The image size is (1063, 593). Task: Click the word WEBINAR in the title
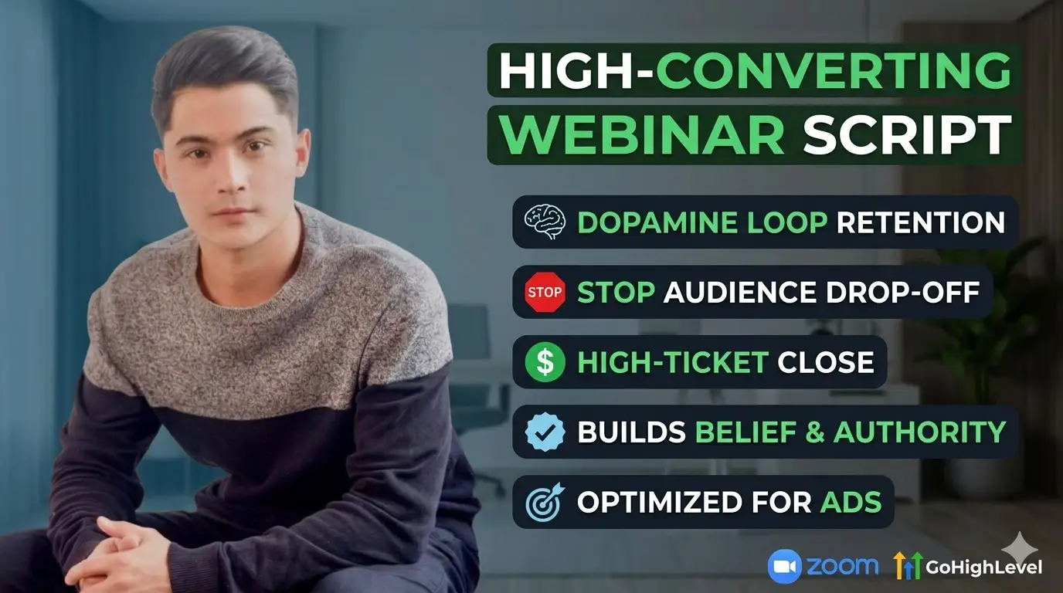(643, 135)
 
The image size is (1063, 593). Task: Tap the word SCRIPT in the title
(907, 135)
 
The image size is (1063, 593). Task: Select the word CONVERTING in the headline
(834, 70)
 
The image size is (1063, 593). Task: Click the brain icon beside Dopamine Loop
(545, 222)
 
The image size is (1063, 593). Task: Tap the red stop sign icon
(545, 292)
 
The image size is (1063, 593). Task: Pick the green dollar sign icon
(545, 362)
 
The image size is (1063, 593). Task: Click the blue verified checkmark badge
(545, 432)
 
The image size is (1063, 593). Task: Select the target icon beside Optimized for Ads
(545, 502)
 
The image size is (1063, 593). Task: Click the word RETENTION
(921, 222)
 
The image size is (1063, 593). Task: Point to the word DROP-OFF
(902, 292)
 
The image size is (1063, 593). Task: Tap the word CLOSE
(826, 362)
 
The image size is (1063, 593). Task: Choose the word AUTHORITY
(919, 432)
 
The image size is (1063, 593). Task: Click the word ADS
(851, 502)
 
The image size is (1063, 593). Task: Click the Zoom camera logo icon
(784, 566)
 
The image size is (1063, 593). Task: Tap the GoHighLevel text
(983, 568)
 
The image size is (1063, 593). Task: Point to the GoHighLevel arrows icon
(908, 565)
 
